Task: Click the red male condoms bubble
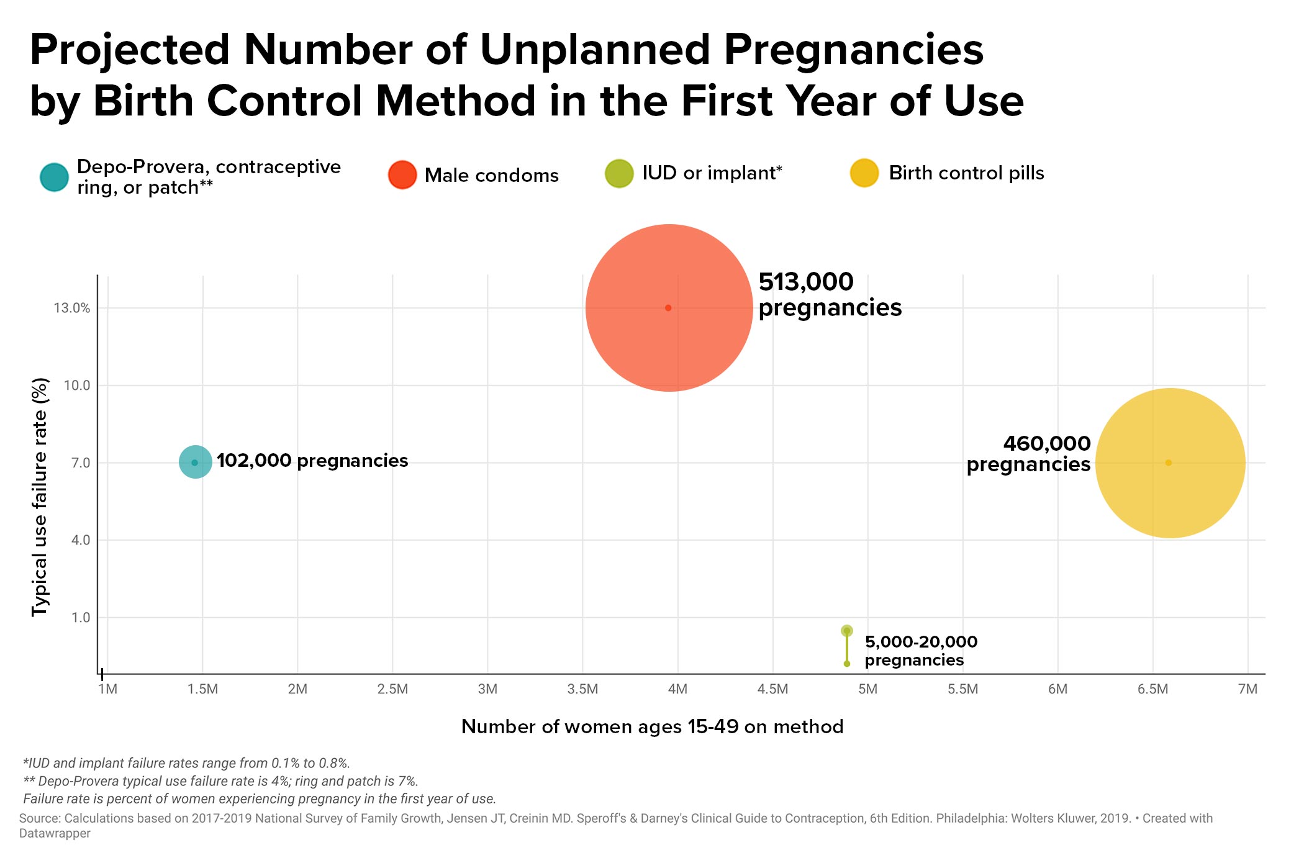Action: (x=669, y=308)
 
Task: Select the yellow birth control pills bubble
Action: (x=1170, y=463)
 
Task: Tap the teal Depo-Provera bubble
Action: (x=195, y=463)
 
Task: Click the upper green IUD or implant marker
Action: (x=846, y=631)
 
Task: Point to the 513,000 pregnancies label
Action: (x=830, y=295)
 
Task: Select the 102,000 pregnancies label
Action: (x=312, y=461)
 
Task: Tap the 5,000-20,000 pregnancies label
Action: (x=921, y=651)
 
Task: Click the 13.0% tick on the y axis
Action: (x=72, y=308)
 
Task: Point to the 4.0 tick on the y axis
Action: (x=81, y=540)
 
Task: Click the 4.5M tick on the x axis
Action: (x=772, y=689)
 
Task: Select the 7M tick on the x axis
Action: (x=1247, y=689)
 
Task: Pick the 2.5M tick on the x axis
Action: (x=392, y=689)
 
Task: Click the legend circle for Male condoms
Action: (x=402, y=175)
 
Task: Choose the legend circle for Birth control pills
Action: (x=864, y=173)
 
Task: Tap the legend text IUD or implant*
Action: (x=712, y=173)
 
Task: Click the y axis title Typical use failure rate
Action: (x=40, y=497)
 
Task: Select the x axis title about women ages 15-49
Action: (x=652, y=726)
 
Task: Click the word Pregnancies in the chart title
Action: (x=853, y=50)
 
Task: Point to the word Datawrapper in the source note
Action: (x=55, y=834)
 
